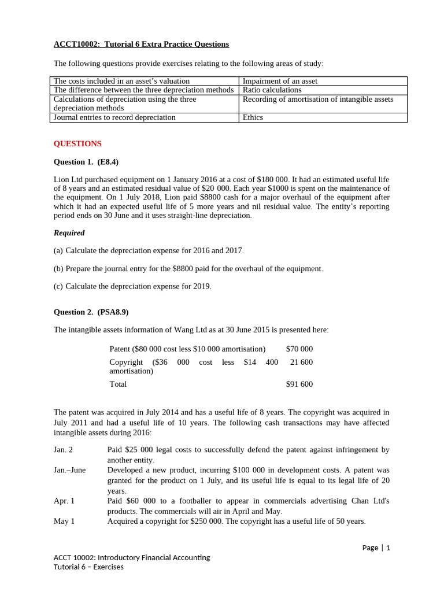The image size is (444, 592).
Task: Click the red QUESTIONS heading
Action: (77, 144)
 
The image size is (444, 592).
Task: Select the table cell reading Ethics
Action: (253, 117)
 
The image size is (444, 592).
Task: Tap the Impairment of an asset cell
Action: (280, 82)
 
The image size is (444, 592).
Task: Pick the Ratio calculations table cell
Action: (272, 90)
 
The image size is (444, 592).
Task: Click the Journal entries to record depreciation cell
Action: (114, 117)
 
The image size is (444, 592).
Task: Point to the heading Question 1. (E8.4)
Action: (86, 162)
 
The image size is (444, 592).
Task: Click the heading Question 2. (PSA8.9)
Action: (91, 312)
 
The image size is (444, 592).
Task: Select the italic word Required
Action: (69, 233)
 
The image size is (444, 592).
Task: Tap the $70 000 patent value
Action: (299, 349)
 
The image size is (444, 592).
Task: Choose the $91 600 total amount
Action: (299, 384)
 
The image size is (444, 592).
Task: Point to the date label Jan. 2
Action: (64, 450)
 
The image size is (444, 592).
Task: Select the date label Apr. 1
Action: (64, 501)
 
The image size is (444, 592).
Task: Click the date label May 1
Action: (64, 521)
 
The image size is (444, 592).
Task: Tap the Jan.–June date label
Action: (69, 470)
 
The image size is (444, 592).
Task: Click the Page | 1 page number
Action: (376, 547)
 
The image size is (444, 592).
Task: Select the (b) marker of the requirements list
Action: (58, 269)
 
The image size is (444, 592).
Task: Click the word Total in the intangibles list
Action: (118, 384)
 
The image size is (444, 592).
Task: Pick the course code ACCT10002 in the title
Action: (76, 45)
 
